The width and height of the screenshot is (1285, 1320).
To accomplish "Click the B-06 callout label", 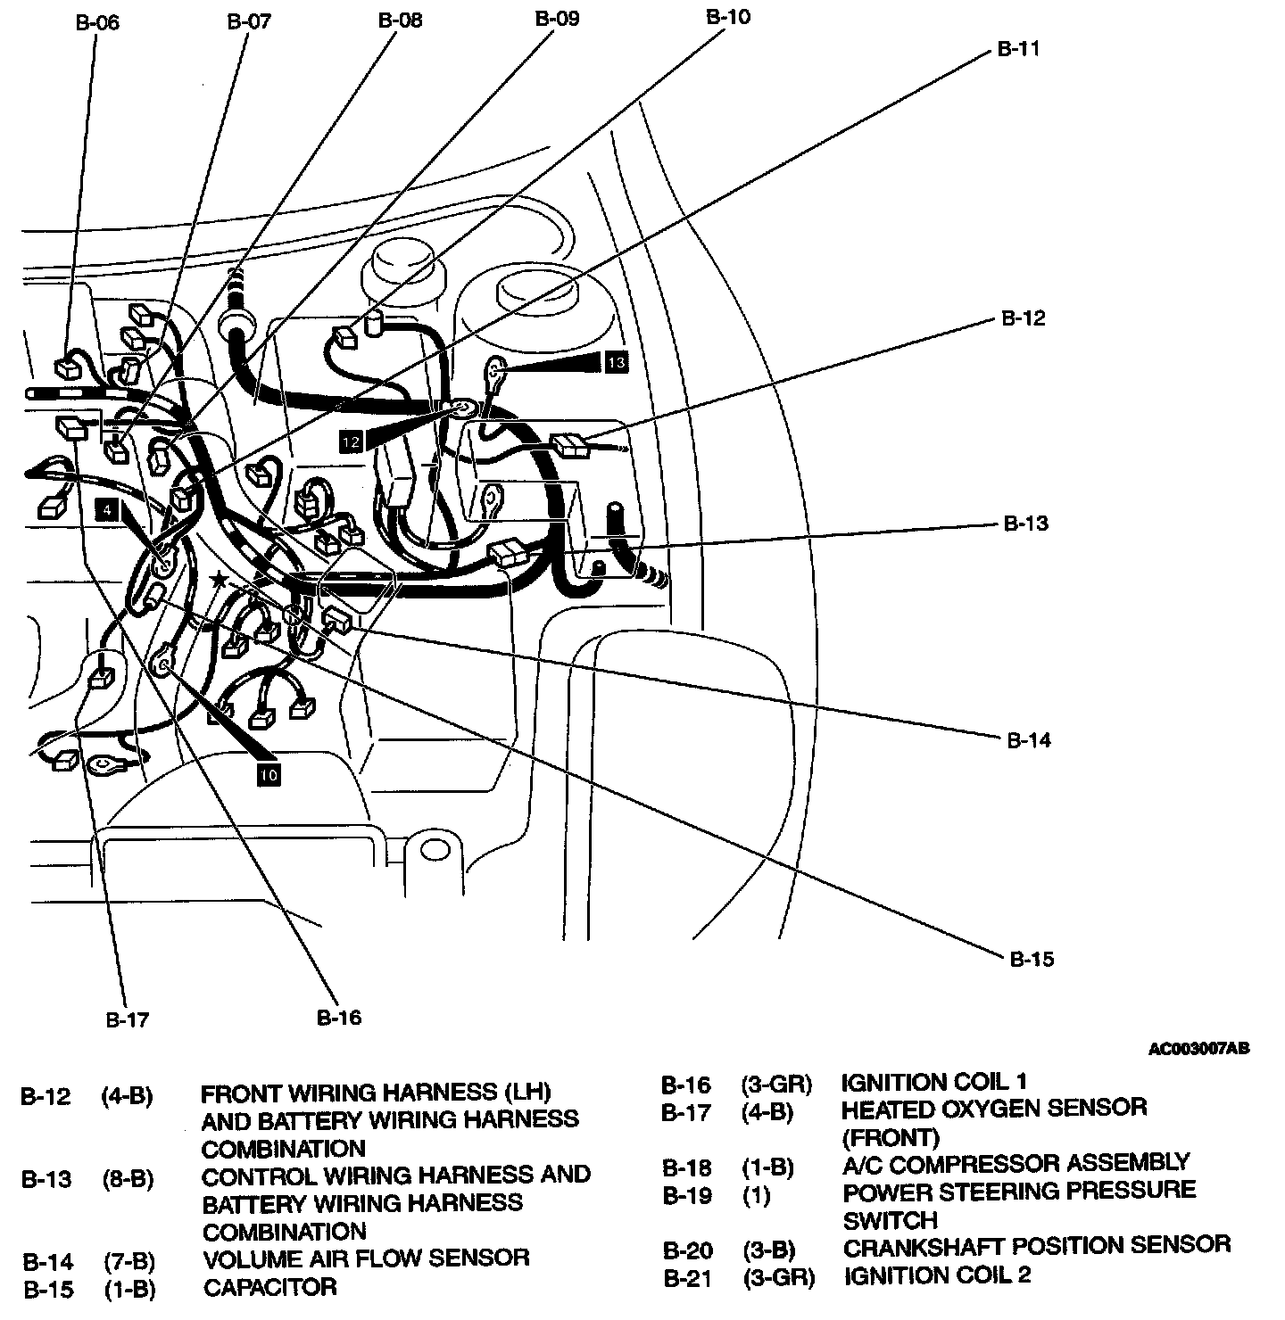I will coord(97,22).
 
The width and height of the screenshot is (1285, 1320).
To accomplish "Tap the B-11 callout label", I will coord(1018,49).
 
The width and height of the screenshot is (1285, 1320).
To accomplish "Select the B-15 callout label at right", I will coord(1032,960).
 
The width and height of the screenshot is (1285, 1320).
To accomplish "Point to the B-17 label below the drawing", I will coord(128,1019).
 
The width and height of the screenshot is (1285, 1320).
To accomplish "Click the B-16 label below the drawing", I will coord(339,1017).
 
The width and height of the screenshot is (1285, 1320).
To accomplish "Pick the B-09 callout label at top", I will coord(557,19).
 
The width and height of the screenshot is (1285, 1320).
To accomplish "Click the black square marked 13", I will coord(616,361).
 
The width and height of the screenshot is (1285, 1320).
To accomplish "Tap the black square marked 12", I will coord(351,441).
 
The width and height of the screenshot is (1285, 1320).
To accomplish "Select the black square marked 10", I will coord(269,775).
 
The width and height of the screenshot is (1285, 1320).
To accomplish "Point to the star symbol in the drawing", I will coord(219,580).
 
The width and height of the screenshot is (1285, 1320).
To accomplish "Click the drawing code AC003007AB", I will coord(1198,1049).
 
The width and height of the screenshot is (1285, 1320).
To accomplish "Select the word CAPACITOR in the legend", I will coord(269,1287).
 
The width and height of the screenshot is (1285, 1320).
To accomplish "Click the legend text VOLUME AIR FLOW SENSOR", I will coord(366,1258).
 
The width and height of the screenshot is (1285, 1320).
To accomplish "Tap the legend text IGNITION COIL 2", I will coord(936,1275).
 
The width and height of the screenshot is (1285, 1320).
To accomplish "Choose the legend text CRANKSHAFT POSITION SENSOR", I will coord(1036,1245).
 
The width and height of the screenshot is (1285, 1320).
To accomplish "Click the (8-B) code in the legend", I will coord(128,1179).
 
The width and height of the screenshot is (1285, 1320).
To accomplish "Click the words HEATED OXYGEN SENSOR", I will coord(993,1108).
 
